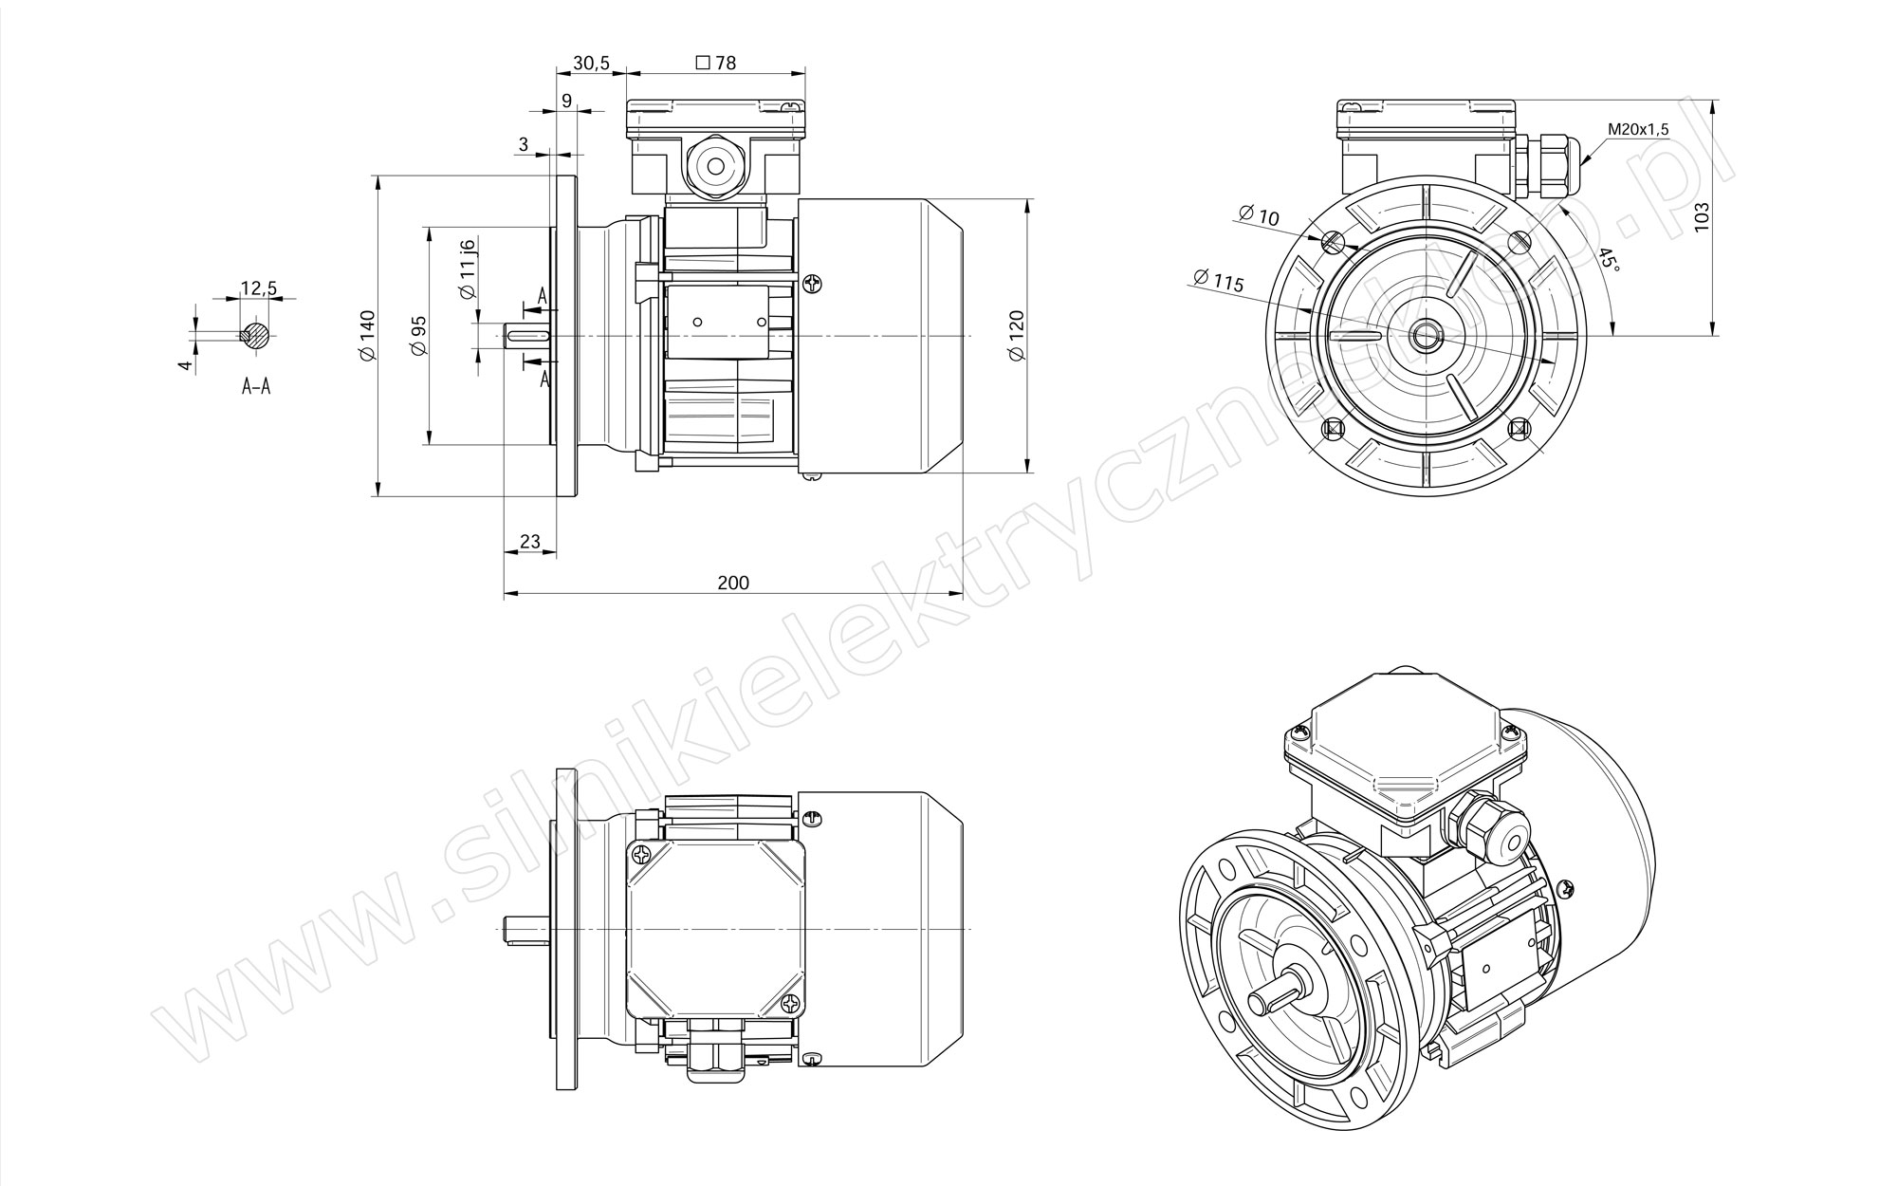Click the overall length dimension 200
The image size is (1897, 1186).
[733, 583]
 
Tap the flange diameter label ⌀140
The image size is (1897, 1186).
[368, 335]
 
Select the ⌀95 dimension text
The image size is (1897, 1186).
[419, 336]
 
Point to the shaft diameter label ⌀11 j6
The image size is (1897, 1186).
[468, 270]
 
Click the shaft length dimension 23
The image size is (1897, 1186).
[530, 542]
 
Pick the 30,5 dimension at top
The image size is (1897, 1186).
[591, 64]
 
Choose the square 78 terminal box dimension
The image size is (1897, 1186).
[716, 64]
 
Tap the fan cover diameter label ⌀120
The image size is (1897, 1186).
[1017, 335]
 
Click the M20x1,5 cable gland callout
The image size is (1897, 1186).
[1638, 129]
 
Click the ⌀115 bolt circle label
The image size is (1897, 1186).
[1219, 281]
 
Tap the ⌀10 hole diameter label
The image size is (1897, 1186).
[1260, 215]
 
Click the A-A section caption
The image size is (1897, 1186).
[256, 386]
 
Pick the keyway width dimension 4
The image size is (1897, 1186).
[187, 363]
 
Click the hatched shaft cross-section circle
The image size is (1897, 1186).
[256, 334]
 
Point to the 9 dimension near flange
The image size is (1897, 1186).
[566, 101]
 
